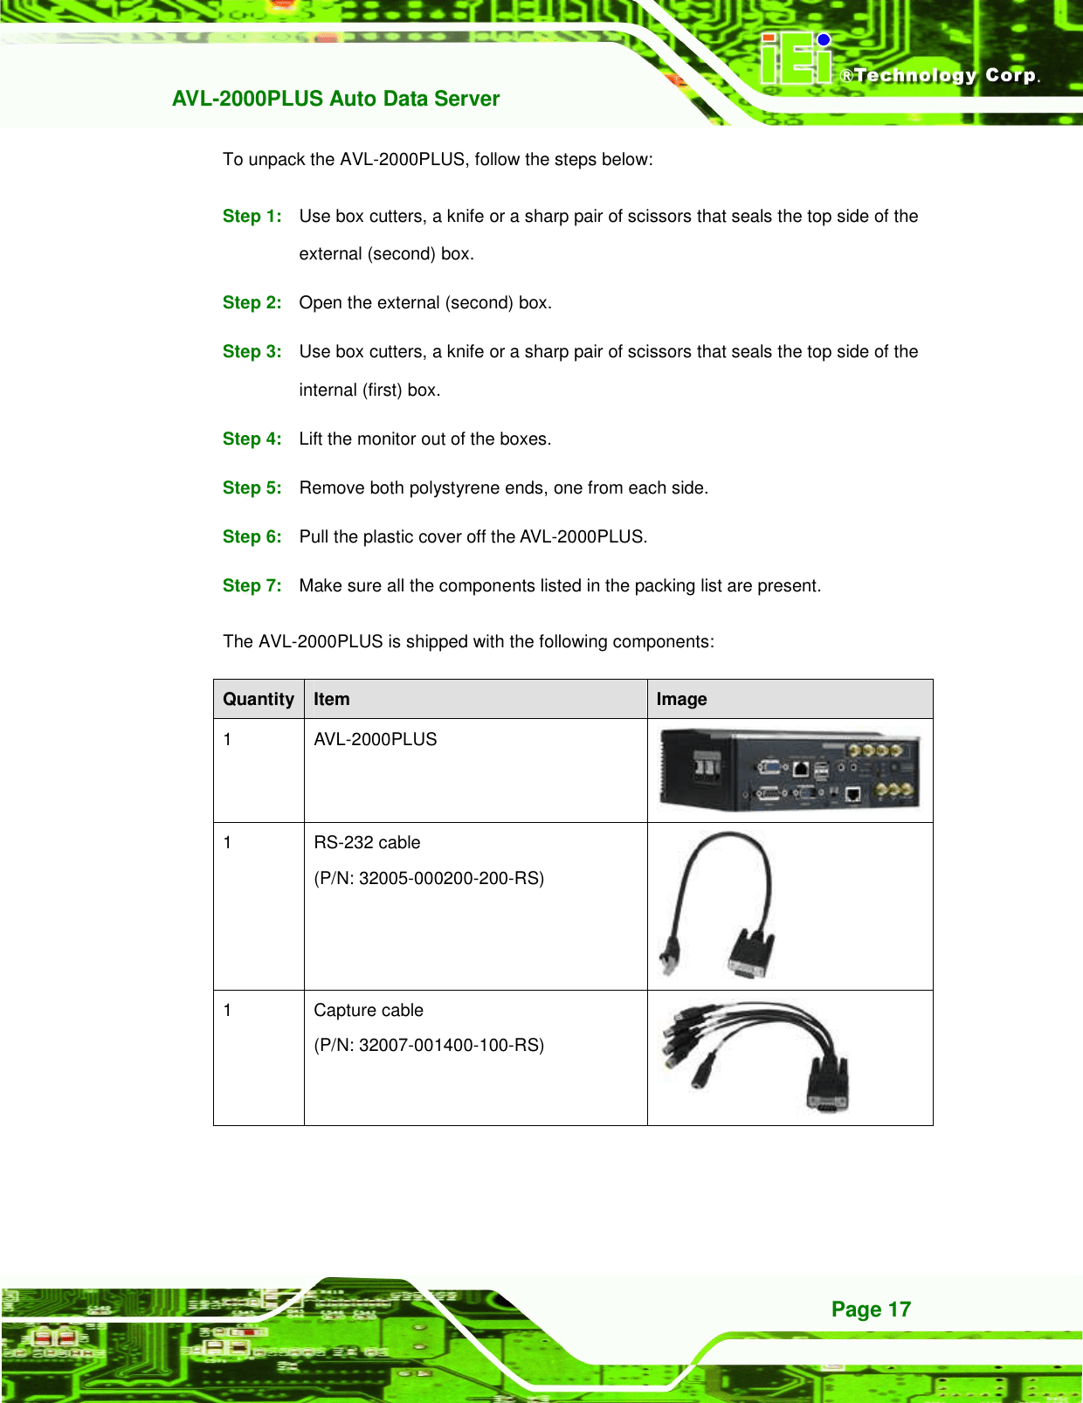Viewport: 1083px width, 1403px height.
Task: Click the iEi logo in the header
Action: (x=796, y=59)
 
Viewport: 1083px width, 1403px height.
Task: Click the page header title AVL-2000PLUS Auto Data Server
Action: (x=335, y=99)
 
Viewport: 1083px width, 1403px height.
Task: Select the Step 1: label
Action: (x=252, y=217)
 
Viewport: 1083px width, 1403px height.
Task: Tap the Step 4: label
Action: (x=252, y=439)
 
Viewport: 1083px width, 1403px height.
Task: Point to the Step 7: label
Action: (x=252, y=586)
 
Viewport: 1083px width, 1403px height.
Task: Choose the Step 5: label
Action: (x=252, y=488)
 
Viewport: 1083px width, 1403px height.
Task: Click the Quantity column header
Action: (x=259, y=700)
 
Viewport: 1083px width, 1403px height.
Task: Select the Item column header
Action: (x=332, y=700)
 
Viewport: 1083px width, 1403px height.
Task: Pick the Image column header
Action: (x=681, y=700)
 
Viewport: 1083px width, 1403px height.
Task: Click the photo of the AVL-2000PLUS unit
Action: (x=790, y=771)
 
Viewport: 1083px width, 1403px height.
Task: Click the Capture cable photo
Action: (x=755, y=1057)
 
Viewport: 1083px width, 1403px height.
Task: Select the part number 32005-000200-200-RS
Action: (x=451, y=879)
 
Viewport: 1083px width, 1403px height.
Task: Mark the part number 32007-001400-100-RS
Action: (x=451, y=1046)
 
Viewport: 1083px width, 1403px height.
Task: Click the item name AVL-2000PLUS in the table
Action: (x=376, y=740)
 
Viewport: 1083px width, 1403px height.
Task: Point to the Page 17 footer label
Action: (x=871, y=1310)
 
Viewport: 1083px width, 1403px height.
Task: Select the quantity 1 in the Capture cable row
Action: (x=228, y=1011)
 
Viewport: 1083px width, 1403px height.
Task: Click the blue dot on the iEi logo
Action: (x=824, y=39)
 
